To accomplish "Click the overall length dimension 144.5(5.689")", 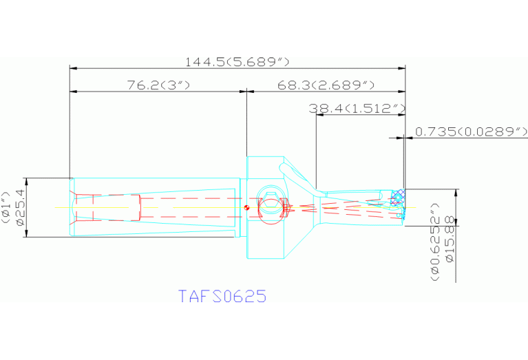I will pos(237,62).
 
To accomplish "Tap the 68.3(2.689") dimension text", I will pos(326,85).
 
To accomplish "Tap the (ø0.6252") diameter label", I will pos(435,242).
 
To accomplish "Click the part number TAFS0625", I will pos(222,297).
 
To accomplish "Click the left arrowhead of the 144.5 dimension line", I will pos(73,68).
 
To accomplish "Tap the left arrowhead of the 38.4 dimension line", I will pos(319,115).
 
